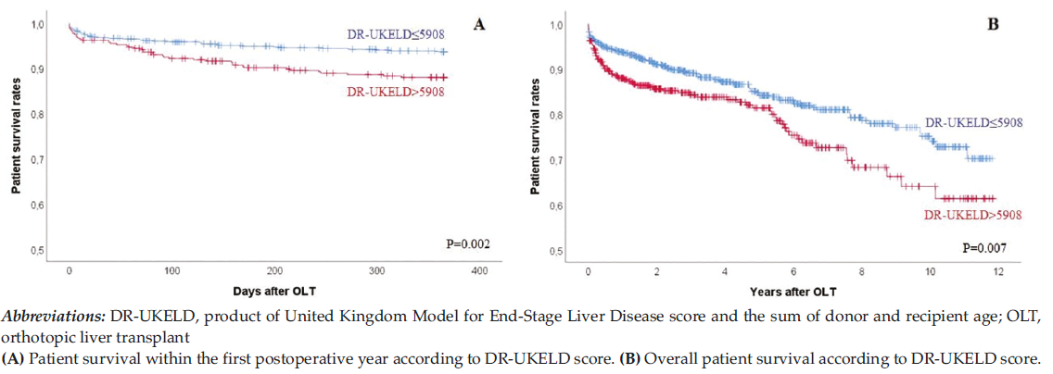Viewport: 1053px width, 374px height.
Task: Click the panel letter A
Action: (479, 24)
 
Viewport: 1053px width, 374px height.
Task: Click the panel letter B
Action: (993, 24)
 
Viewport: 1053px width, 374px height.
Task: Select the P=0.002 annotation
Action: (464, 244)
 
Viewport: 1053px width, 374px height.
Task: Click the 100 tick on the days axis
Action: (172, 270)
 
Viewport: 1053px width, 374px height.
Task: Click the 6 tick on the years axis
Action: (793, 270)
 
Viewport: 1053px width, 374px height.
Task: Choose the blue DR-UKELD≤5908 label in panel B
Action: (973, 123)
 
